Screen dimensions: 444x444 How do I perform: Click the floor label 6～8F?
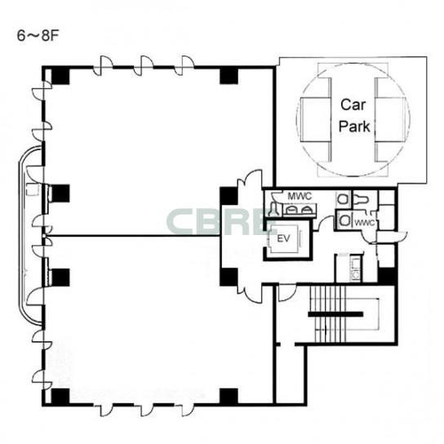(38, 36)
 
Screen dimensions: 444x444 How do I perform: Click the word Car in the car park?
(353, 104)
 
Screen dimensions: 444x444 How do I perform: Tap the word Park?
(354, 126)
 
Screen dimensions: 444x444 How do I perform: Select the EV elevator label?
(283, 238)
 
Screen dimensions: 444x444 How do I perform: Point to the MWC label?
(300, 196)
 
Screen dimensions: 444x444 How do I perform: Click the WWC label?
(364, 223)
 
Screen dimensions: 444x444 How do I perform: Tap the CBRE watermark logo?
(218, 222)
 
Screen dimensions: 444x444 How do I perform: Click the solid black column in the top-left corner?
(60, 76)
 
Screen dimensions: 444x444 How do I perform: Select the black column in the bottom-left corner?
(60, 397)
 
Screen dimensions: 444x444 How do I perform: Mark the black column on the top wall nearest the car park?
(229, 76)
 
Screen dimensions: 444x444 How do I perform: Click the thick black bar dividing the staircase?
(335, 314)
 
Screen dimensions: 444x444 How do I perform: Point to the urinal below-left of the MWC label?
(273, 209)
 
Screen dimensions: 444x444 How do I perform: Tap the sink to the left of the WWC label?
(344, 220)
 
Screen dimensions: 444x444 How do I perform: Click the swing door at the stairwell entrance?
(287, 292)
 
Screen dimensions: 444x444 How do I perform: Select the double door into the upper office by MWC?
(250, 180)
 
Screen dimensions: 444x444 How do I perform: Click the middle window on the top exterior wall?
(144, 66)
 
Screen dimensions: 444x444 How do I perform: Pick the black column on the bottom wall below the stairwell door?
(229, 397)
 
